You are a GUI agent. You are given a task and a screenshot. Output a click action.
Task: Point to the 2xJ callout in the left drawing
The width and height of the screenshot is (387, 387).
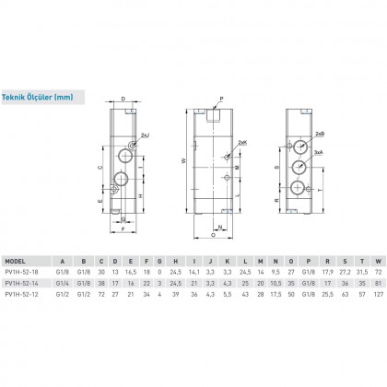tap(150, 137)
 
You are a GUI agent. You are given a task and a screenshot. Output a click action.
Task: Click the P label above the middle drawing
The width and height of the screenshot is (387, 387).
tap(220, 98)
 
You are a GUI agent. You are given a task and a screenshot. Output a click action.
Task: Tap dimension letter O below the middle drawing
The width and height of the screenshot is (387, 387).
tap(214, 234)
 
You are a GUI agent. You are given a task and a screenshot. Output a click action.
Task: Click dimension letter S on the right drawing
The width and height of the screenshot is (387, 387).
tap(277, 168)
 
